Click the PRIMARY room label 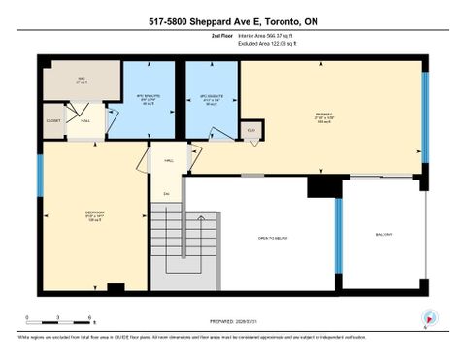click(x=323, y=114)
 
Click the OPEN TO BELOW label click(x=276, y=237)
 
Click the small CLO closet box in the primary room click(x=250, y=129)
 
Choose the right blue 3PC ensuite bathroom click(x=212, y=100)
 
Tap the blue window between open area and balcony click(x=339, y=235)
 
